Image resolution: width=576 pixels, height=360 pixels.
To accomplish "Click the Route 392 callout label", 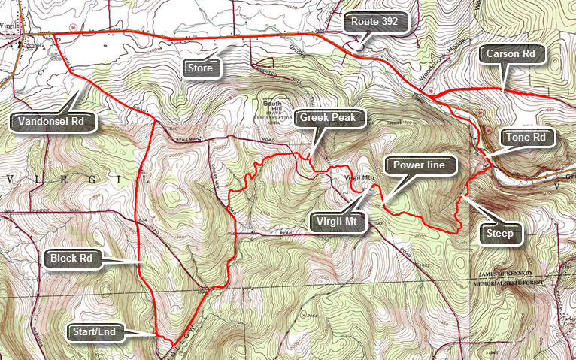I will [375, 23].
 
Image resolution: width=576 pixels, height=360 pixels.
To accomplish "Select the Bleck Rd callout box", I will [71, 259].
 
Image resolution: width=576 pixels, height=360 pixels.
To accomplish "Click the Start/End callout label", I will [94, 331].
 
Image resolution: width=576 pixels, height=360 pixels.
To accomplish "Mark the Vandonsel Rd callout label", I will [53, 120].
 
